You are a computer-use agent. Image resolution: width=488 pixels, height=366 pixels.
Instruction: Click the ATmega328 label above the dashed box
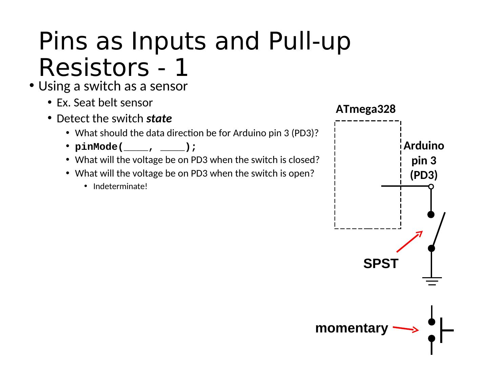pos(366,109)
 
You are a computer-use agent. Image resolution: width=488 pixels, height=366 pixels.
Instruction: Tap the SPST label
pos(381,264)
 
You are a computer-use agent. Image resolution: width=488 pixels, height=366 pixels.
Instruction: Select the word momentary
pos(351,328)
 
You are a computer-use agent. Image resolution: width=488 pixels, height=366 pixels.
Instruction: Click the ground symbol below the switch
pos(431,281)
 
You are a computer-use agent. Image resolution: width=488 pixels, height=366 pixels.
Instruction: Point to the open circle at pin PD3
pos(431,186)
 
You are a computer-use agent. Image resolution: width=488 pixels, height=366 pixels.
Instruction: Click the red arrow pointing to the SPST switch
pos(409,241)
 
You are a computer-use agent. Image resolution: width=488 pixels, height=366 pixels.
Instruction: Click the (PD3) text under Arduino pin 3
pos(424,175)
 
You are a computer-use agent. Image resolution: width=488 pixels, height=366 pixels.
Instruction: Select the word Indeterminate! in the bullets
pos(120,186)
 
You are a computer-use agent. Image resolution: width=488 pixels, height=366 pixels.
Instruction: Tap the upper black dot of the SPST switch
pos(431,215)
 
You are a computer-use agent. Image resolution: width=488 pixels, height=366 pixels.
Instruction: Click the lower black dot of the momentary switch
pos(431,338)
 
